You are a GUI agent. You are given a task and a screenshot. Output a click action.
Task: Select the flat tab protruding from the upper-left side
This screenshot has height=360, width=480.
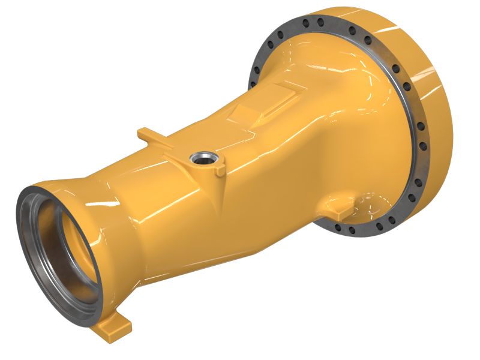coord(148,135)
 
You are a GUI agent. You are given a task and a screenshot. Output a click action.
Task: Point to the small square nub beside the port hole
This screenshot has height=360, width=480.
coord(219,170)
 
